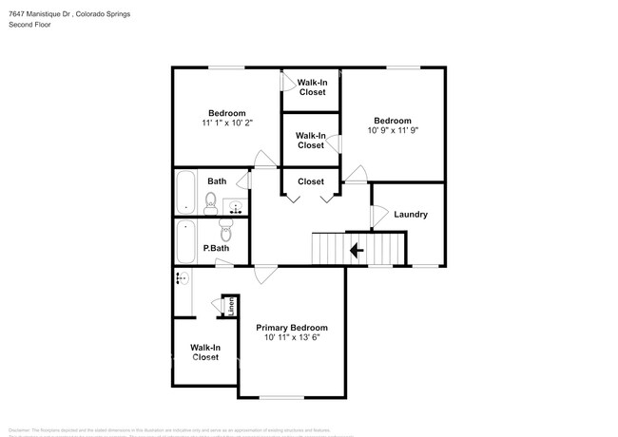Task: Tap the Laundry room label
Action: (x=411, y=215)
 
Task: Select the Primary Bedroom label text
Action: (x=291, y=327)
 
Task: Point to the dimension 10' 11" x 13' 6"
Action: (x=291, y=337)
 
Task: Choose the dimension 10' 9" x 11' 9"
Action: (x=393, y=130)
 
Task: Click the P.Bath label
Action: (x=216, y=249)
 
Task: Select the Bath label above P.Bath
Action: (x=217, y=181)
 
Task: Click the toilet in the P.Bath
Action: (x=226, y=231)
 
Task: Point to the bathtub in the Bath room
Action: (x=185, y=193)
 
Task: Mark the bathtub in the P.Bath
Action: (x=185, y=241)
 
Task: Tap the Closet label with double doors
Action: (x=311, y=181)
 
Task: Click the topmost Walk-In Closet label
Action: (x=312, y=87)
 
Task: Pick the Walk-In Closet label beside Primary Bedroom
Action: (x=205, y=352)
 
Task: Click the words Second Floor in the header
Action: (x=31, y=25)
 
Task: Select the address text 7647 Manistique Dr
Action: (x=43, y=14)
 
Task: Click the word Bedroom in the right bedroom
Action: (x=393, y=121)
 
